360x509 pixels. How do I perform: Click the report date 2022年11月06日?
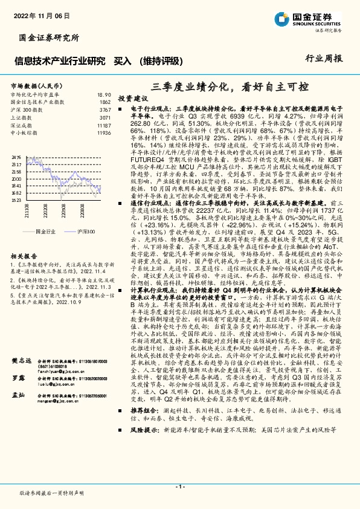point(37,17)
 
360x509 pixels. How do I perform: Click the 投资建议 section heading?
point(133,97)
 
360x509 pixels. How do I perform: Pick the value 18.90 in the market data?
point(104,95)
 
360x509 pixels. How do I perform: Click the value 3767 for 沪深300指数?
point(105,110)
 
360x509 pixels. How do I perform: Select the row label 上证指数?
point(22,117)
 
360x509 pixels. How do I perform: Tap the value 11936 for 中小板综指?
point(104,132)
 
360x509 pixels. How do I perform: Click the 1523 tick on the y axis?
point(16,199)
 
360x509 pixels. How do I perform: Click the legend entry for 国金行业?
point(45,231)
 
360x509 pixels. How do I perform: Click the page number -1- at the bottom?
point(179,487)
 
